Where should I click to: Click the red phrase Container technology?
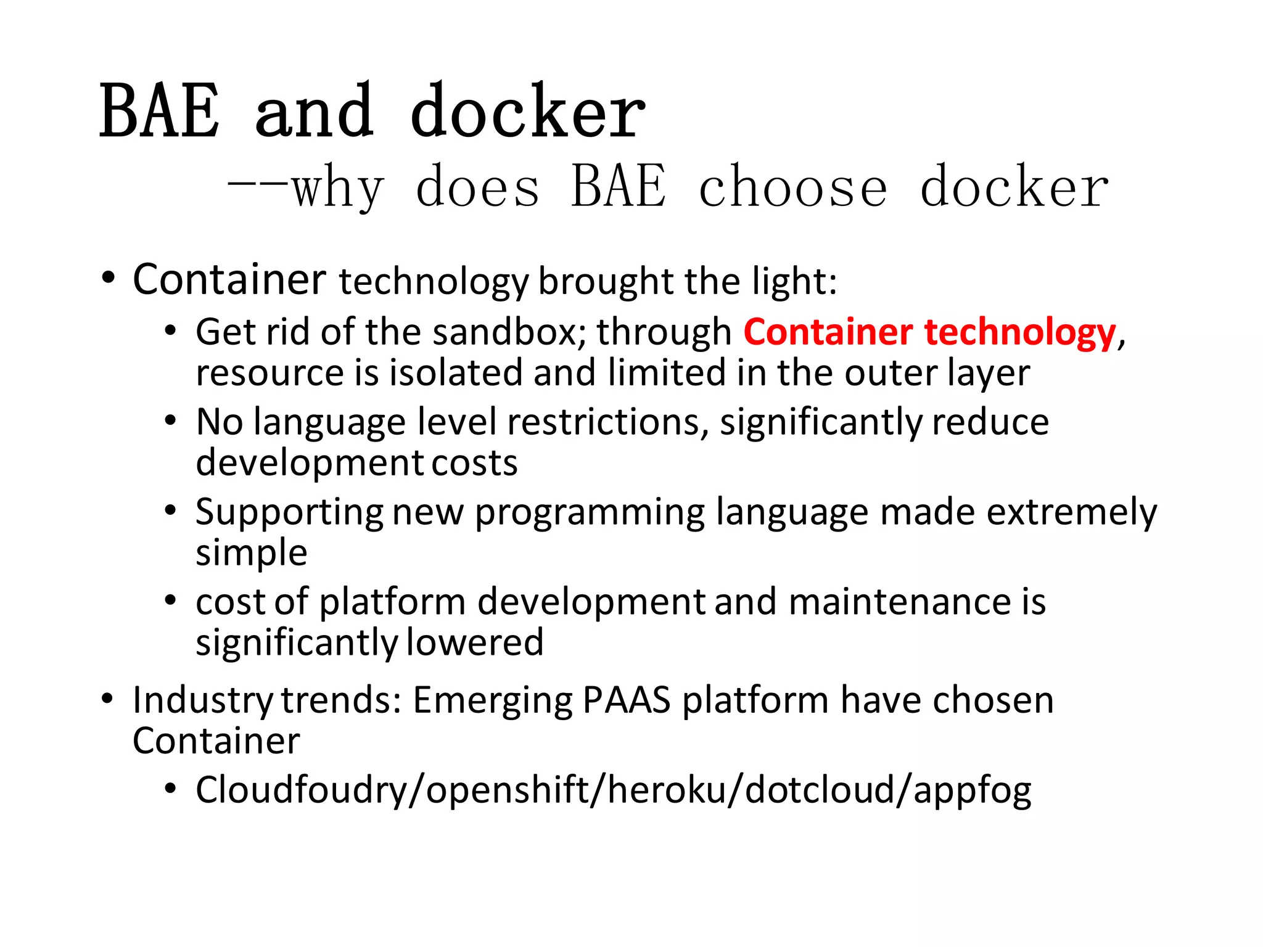coord(929,332)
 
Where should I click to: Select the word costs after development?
coord(474,463)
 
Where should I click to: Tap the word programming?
coord(590,513)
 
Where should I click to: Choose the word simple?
coord(251,553)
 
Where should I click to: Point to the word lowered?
coord(475,642)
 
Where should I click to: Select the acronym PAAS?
coord(626,700)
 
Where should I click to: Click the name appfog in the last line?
coord(972,791)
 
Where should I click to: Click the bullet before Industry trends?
coord(107,700)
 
